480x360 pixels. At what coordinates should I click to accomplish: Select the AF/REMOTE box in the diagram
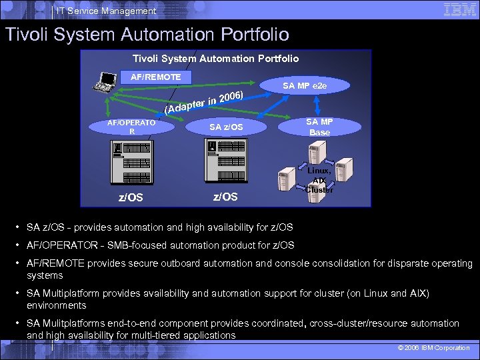[155, 77]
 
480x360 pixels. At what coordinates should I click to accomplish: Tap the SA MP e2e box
[304, 85]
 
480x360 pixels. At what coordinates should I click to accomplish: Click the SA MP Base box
[319, 127]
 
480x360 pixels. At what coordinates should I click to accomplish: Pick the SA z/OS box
[226, 127]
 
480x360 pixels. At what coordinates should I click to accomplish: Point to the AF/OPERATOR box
[132, 127]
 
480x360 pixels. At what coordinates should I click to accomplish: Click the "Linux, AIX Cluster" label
[319, 180]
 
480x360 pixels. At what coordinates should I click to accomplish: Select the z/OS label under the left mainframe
[131, 197]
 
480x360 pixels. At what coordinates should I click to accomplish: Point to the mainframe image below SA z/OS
[226, 162]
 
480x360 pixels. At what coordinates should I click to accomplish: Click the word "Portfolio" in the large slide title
[247, 34]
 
